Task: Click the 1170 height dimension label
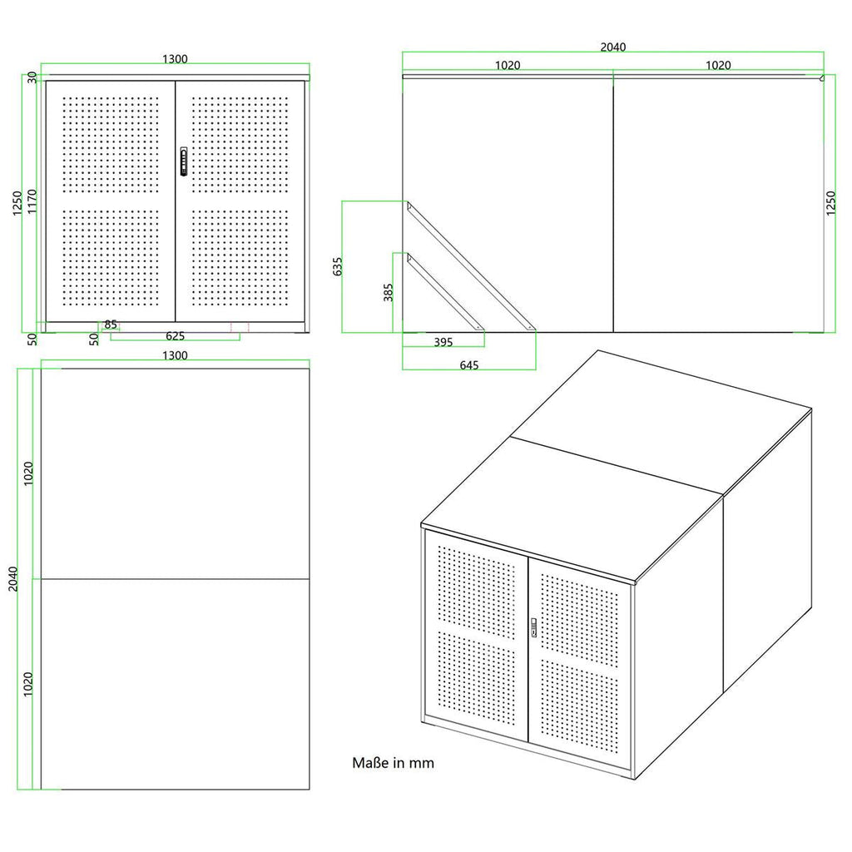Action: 32,201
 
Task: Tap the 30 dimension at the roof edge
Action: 32,77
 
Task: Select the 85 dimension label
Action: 111,324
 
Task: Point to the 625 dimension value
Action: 175,336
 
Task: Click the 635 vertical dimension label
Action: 338,266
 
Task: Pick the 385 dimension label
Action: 388,292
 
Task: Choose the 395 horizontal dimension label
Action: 443,342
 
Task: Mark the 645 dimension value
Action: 469,365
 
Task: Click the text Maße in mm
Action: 393,763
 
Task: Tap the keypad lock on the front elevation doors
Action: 184,161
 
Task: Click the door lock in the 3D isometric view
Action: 533,627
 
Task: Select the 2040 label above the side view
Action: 613,47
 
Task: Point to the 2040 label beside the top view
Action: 13,579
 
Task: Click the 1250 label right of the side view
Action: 831,203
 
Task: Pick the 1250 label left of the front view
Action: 17,203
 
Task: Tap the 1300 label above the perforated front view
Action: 175,59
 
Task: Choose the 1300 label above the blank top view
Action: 175,355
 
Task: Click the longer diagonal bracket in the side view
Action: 471,266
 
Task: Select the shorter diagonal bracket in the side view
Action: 446,292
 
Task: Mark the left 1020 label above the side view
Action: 508,65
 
